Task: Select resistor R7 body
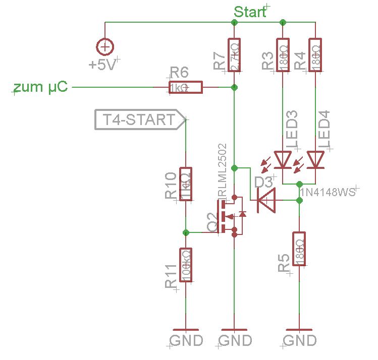tap(234, 55)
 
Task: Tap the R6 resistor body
tap(185, 87)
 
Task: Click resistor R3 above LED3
tap(283, 55)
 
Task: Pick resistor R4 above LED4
tap(315, 55)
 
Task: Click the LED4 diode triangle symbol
tap(315, 159)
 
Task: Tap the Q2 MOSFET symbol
tap(230, 216)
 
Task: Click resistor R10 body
tap(186, 184)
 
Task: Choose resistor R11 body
tap(186, 265)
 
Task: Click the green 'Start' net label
tap(250, 12)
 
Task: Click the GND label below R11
tap(186, 340)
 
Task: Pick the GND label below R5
tap(299, 340)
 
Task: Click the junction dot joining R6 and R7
tap(234, 87)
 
